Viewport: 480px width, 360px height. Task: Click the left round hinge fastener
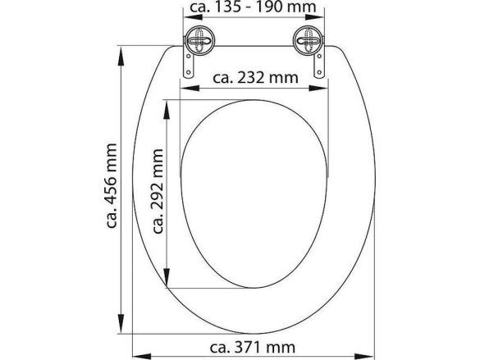pos(199,39)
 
